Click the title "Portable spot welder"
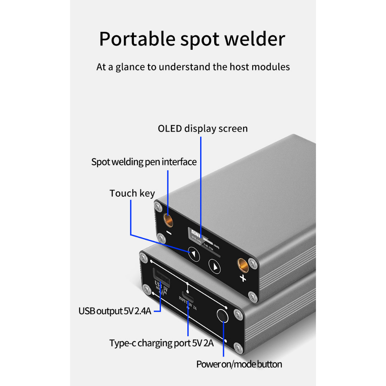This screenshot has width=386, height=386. coord(192,39)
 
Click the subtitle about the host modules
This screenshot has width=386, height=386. coord(193,67)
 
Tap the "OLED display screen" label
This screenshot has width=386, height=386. coord(203,129)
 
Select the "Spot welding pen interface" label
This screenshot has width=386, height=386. coord(144,162)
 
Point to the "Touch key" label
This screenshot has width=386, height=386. coord(132,193)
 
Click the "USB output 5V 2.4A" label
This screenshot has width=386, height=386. coord(115,311)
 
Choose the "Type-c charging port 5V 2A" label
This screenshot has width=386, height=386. coord(162,343)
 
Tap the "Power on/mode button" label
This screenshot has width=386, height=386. coord(239,364)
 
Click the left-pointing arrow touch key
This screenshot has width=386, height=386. coord(194,254)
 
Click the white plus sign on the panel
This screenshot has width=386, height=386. coord(243,279)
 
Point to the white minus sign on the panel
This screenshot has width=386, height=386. coord(168,233)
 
